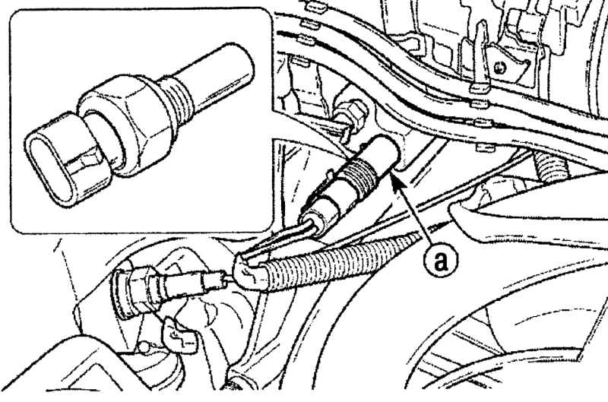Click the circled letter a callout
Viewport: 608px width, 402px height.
tap(441, 261)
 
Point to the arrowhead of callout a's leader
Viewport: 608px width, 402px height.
tap(397, 181)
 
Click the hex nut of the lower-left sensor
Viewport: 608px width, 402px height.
tap(137, 289)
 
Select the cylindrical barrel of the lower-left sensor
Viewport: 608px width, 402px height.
tap(182, 286)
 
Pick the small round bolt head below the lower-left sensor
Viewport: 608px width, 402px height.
tap(144, 348)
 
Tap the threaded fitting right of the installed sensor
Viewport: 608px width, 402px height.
tap(549, 166)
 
